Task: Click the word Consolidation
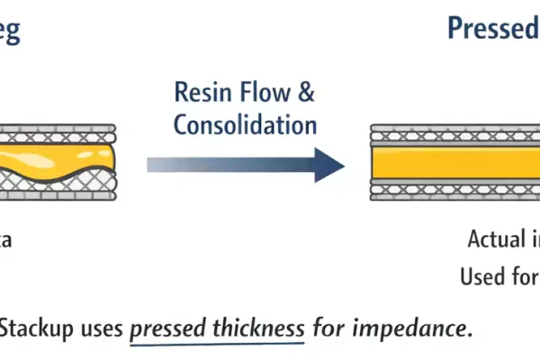click(x=245, y=123)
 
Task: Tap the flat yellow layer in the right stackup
click(x=454, y=164)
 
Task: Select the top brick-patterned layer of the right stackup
click(x=454, y=131)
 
